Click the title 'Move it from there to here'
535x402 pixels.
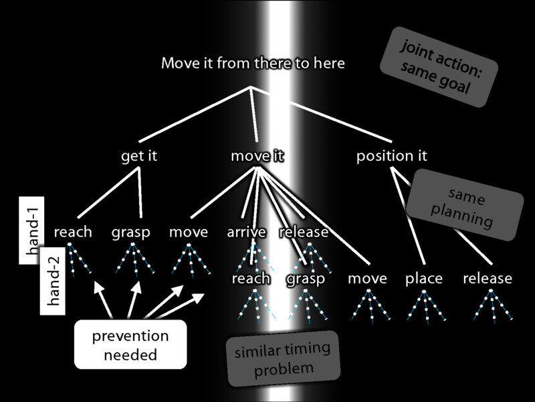pos(253,64)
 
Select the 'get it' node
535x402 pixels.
pos(139,156)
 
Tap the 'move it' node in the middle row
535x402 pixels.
pos(257,156)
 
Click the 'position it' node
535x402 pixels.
pos(392,156)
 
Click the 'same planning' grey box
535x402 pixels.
pos(465,204)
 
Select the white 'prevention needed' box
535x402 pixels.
pos(130,344)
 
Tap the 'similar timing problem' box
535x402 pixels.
pos(284,360)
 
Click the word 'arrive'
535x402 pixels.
pos(246,232)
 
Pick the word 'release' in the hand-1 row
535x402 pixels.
pos(304,232)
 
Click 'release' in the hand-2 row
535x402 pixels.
pos(487,278)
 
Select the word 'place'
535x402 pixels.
pos(424,278)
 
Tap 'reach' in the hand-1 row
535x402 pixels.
pos(73,232)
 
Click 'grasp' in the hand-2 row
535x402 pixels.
pos(305,278)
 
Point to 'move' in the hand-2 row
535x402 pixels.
pos(367,278)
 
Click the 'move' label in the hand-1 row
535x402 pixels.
pos(188,232)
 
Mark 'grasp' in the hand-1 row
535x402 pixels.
pos(131,232)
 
